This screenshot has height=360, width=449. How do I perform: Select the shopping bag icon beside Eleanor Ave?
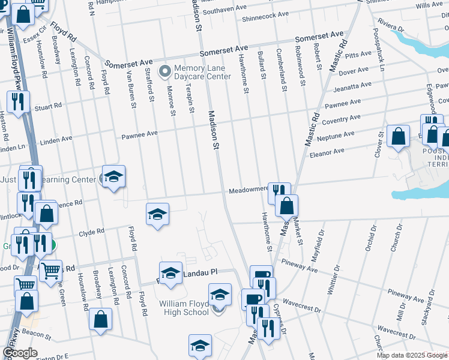tap(398, 137)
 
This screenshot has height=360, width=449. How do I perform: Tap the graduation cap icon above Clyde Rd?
tap(157, 214)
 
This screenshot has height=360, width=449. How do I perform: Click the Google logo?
tap(20, 353)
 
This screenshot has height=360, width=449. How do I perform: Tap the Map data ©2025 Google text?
tap(411, 355)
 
